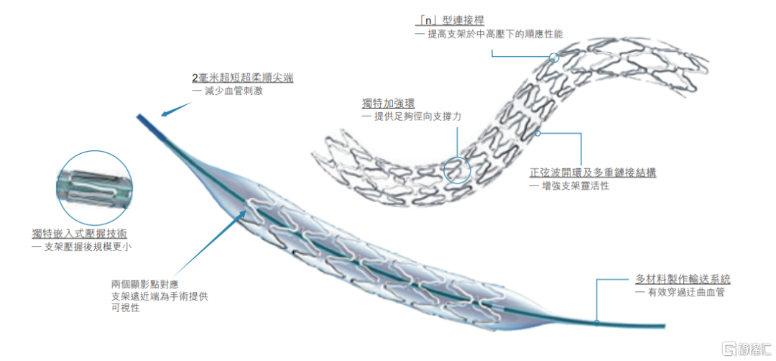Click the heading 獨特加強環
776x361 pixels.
coord(386,104)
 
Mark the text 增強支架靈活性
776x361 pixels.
coord(574,186)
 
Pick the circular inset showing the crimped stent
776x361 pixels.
coord(94,187)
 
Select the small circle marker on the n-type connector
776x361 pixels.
coord(553,57)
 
